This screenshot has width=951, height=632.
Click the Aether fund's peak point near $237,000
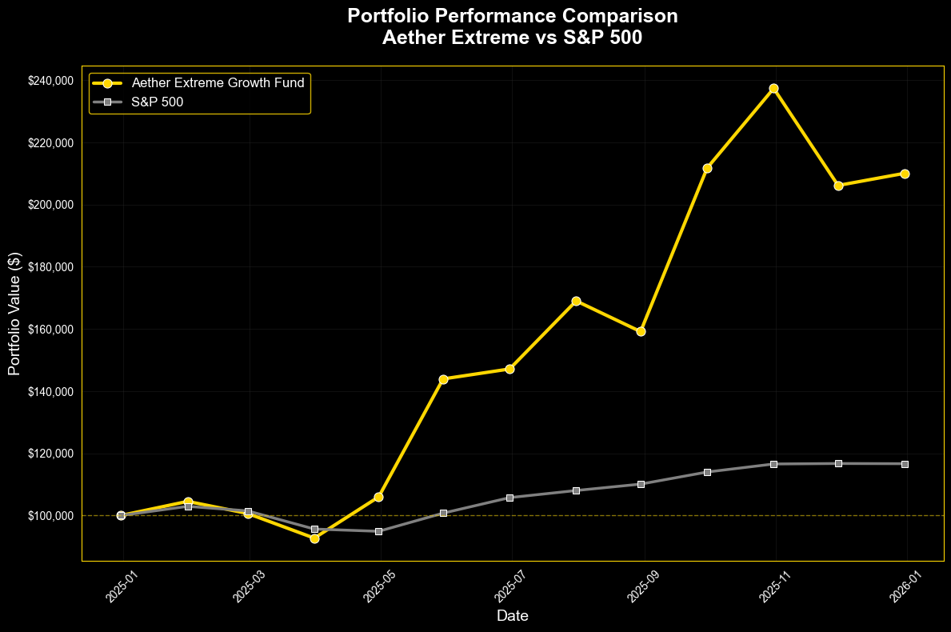click(773, 88)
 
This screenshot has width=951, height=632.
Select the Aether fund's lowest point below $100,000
click(314, 538)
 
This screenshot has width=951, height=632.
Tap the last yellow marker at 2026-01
click(905, 174)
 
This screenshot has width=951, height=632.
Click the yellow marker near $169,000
click(576, 301)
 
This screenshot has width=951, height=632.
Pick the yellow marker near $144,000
click(443, 378)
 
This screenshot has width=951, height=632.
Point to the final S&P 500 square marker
click(905, 464)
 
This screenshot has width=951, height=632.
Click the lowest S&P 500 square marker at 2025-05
click(379, 531)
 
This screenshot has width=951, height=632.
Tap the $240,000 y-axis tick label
click(50, 81)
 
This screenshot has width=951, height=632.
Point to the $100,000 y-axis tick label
click(50, 516)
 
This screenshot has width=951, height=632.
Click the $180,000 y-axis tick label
click(50, 267)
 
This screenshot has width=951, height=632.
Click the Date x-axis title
click(512, 616)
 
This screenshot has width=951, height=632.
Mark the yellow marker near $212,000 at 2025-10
click(707, 168)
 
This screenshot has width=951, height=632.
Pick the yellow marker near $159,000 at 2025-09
click(641, 331)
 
